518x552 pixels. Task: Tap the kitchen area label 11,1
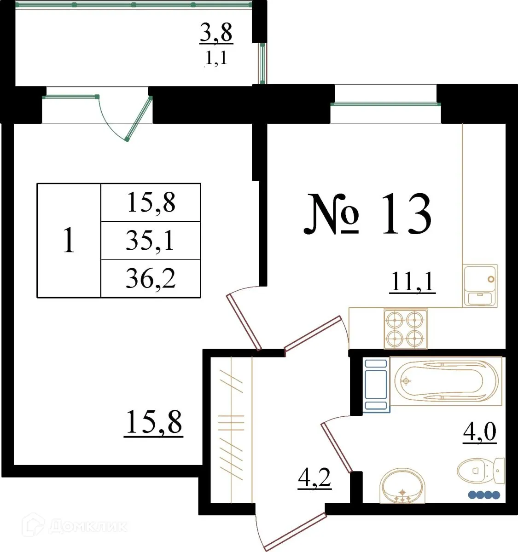tap(412, 282)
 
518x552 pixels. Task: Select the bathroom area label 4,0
tap(479, 432)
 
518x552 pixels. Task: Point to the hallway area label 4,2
tap(314, 478)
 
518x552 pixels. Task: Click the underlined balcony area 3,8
tap(216, 33)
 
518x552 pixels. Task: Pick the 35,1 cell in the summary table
tap(150, 241)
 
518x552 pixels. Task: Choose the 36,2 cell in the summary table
tap(150, 279)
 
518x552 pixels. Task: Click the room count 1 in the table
tap(69, 241)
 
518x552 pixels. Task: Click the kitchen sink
tap(480, 286)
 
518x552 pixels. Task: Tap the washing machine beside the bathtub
tap(376, 385)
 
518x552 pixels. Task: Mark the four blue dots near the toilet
tap(483, 495)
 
